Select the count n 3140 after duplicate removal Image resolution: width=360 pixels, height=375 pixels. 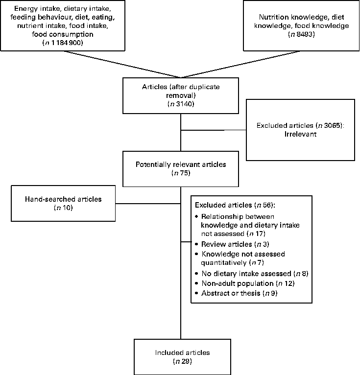pos(181,104)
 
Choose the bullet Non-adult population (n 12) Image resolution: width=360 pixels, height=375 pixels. pos(240,283)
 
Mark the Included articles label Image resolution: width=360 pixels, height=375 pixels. pos(181,352)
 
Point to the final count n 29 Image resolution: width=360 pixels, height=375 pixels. pos(181,361)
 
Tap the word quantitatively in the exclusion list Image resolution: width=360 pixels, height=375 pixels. pos(224,263)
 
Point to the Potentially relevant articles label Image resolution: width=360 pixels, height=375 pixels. pos(181,164)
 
